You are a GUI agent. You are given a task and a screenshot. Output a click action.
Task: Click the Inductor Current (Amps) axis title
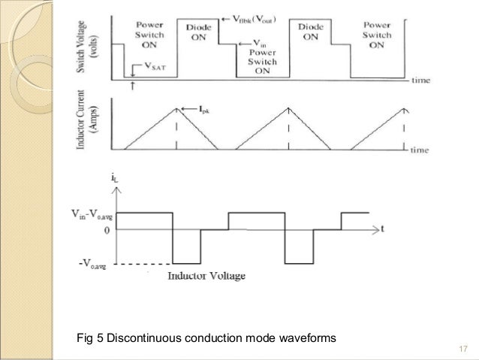click(86, 123)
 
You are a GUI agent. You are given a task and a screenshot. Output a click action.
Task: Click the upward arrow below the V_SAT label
click(133, 85)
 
